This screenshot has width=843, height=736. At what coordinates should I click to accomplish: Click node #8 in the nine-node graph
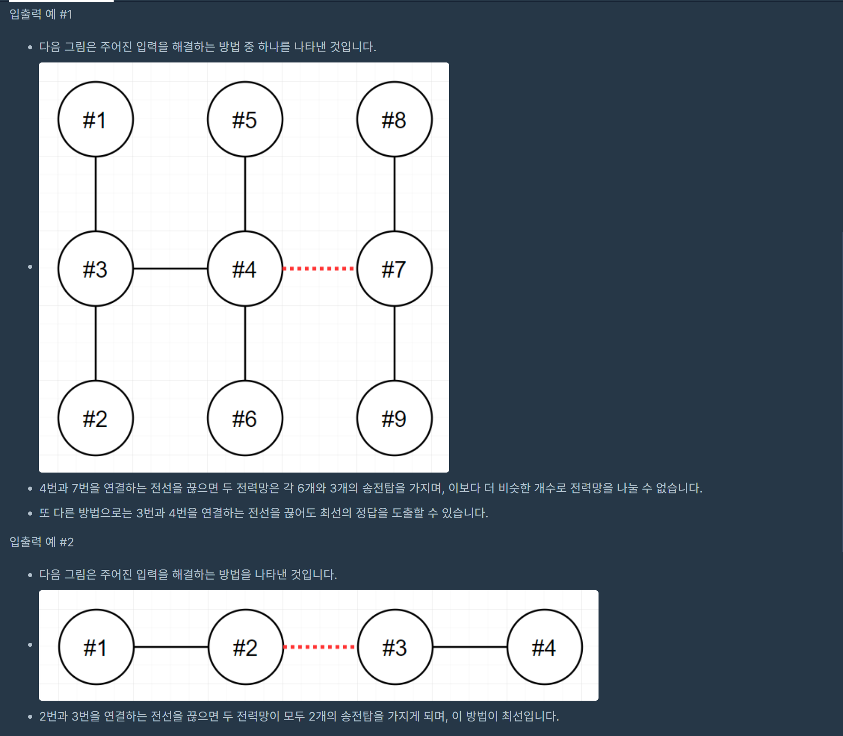pyautogui.click(x=394, y=119)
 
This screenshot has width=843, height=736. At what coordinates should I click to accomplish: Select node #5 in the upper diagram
pyautogui.click(x=245, y=119)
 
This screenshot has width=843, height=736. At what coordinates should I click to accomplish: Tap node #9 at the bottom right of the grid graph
pyautogui.click(x=394, y=418)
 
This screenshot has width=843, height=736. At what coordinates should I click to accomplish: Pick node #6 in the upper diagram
pyautogui.click(x=245, y=418)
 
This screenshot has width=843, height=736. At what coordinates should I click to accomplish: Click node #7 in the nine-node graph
pyautogui.click(x=394, y=269)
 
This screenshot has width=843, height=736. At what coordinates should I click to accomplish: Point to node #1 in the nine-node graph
pyautogui.click(x=96, y=119)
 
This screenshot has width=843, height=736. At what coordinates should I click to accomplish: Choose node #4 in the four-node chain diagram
pyautogui.click(x=545, y=647)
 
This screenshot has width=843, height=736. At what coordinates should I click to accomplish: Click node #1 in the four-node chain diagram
pyautogui.click(x=96, y=647)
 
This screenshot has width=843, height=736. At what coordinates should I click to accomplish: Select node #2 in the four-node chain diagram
pyautogui.click(x=246, y=647)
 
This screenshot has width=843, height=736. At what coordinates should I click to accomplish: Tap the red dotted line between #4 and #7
pyautogui.click(x=320, y=269)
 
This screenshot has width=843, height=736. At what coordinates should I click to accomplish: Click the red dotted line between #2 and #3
pyautogui.click(x=321, y=647)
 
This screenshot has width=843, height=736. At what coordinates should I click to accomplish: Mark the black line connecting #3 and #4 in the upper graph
pyautogui.click(x=170, y=269)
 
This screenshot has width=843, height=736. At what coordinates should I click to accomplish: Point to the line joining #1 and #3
pyautogui.click(x=96, y=194)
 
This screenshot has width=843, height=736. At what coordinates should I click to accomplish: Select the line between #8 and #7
pyautogui.click(x=394, y=194)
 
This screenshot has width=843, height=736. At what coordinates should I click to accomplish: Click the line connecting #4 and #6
pyautogui.click(x=245, y=344)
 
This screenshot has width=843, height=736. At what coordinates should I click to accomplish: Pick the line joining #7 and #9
pyautogui.click(x=394, y=344)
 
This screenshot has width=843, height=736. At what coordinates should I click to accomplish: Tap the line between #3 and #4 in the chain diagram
pyautogui.click(x=470, y=647)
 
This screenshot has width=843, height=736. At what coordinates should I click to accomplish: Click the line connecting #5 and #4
pyautogui.click(x=245, y=194)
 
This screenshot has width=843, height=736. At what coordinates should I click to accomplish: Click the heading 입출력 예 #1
pyautogui.click(x=41, y=14)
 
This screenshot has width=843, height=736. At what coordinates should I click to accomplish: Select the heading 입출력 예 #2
pyautogui.click(x=42, y=542)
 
